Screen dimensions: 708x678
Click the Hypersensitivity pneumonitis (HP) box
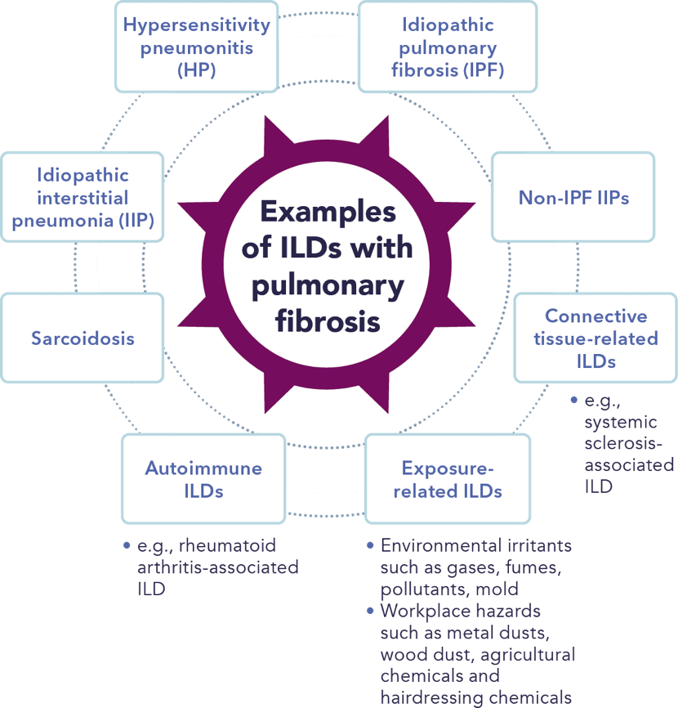click(196, 47)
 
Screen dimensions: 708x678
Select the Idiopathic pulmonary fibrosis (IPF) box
click(448, 47)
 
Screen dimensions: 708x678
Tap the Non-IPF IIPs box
click(573, 197)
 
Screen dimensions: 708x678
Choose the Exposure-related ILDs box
click(448, 479)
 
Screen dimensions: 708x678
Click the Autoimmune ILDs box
click(203, 479)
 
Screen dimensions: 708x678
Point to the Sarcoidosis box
click(83, 338)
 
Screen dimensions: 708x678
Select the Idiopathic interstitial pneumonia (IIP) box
click(83, 197)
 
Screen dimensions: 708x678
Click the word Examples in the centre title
click(328, 212)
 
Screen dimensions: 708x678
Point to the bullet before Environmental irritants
click(372, 545)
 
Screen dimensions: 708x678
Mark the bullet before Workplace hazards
click(372, 611)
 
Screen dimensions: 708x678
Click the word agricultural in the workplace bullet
click(528, 654)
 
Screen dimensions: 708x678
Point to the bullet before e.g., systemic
click(573, 401)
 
